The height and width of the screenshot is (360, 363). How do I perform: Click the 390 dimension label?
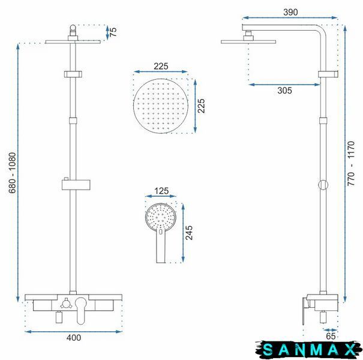pos(290,12)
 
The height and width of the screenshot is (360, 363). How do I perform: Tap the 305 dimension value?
pos(284,91)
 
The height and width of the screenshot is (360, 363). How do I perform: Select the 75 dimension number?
pos(113,32)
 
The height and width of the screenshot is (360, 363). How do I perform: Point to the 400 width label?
pos(74,338)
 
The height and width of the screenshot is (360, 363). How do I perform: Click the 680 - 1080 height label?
pos(12,173)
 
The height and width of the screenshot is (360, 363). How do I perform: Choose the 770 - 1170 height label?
pos(351,163)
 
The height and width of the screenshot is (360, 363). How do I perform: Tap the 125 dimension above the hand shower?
pos(161,191)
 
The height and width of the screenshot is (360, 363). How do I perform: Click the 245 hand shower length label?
pos(189,233)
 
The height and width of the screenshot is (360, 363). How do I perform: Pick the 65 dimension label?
pos(331,336)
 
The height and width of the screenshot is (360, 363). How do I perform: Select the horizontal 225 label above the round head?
pos(161,67)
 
